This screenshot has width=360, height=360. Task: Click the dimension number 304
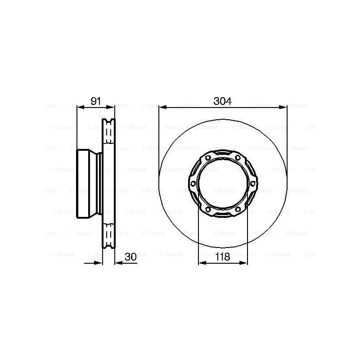coord(222,101)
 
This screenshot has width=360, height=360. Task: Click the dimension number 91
coord(96,101)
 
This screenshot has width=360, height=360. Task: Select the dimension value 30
coord(130,257)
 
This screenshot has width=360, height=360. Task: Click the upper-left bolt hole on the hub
coord(208,157)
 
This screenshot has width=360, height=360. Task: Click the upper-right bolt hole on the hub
coord(238,157)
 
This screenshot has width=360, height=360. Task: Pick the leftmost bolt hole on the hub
coord(193,184)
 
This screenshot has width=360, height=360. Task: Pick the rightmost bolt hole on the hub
coord(252,184)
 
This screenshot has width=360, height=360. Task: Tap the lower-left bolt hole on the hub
coord(208,210)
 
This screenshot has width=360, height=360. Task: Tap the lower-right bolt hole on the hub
coord(238,210)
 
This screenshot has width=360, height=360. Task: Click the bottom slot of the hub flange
coord(223,214)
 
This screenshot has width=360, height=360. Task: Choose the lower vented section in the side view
coord(109,235)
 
